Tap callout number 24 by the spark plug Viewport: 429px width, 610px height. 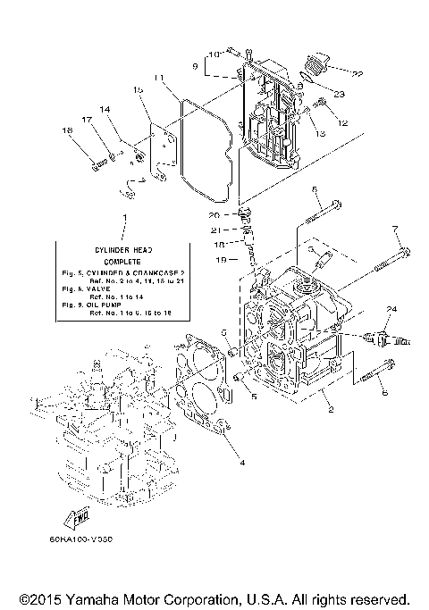coord(390,309)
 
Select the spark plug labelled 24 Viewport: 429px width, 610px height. coord(377,338)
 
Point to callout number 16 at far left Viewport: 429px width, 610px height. coord(65,130)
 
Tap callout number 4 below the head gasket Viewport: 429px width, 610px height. coord(240,462)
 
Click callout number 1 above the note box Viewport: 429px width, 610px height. coord(124,218)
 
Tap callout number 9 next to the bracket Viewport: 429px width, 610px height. coord(195,65)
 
